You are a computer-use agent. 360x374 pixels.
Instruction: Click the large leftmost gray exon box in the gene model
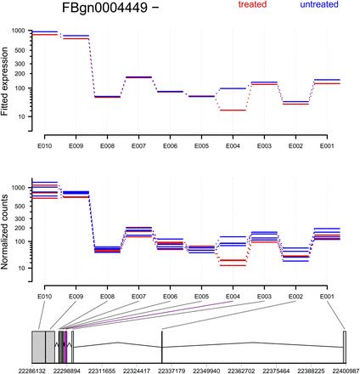(38, 347)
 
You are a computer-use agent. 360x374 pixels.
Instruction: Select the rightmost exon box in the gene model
(345, 347)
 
